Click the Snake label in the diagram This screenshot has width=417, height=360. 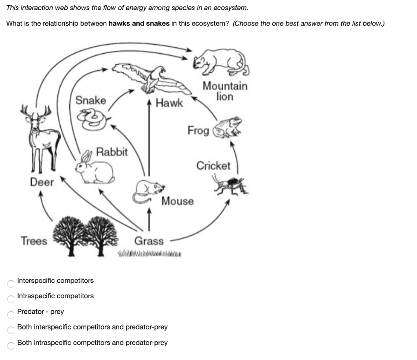point(91,100)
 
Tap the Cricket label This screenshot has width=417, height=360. point(213,166)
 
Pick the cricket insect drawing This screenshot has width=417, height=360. point(230,184)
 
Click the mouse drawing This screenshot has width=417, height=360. point(148,190)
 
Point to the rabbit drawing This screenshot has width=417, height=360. point(96,169)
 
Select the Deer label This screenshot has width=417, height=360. point(42,182)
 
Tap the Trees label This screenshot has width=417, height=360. point(34,241)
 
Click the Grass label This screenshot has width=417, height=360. point(149,241)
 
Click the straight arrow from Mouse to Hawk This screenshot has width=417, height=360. point(149,142)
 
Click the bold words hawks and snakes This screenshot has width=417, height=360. point(139,23)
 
